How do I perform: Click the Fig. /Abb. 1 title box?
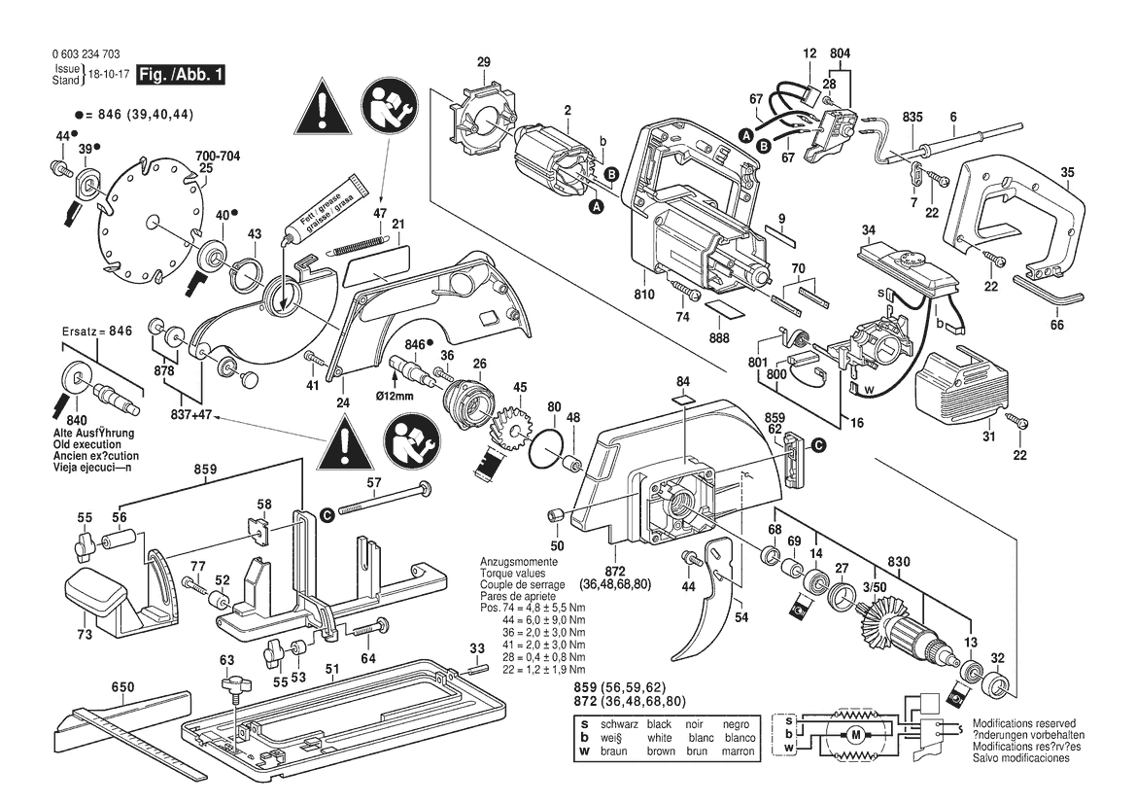click(181, 75)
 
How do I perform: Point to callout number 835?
click(912, 118)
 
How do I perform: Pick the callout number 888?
click(720, 337)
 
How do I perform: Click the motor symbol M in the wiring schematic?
click(855, 734)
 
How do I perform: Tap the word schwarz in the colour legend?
click(618, 724)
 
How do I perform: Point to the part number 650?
click(122, 688)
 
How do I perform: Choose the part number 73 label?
click(85, 635)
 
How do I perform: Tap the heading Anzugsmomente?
click(519, 563)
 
